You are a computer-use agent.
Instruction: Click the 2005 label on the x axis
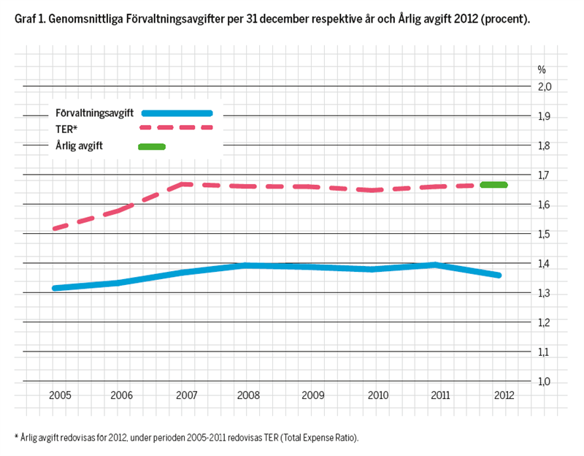tap(60, 395)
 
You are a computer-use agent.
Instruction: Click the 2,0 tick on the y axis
tap(545, 87)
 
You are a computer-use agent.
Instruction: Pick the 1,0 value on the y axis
tap(545, 381)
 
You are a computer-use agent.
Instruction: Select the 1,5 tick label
tap(545, 235)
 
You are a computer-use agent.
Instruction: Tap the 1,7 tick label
tap(545, 175)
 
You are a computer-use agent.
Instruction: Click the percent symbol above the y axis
tap(542, 70)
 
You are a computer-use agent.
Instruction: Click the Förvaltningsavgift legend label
tap(93, 113)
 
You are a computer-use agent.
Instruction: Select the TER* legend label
tap(66, 129)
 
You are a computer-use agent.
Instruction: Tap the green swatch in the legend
tap(152, 146)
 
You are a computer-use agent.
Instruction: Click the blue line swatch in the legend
tap(177, 113)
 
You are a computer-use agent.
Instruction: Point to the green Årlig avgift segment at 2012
tap(493, 185)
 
